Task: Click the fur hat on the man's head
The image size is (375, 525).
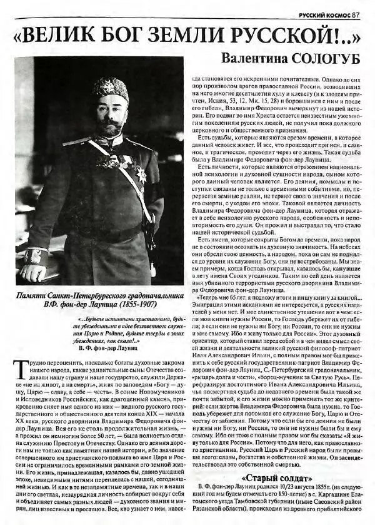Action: (x=110, y=88)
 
